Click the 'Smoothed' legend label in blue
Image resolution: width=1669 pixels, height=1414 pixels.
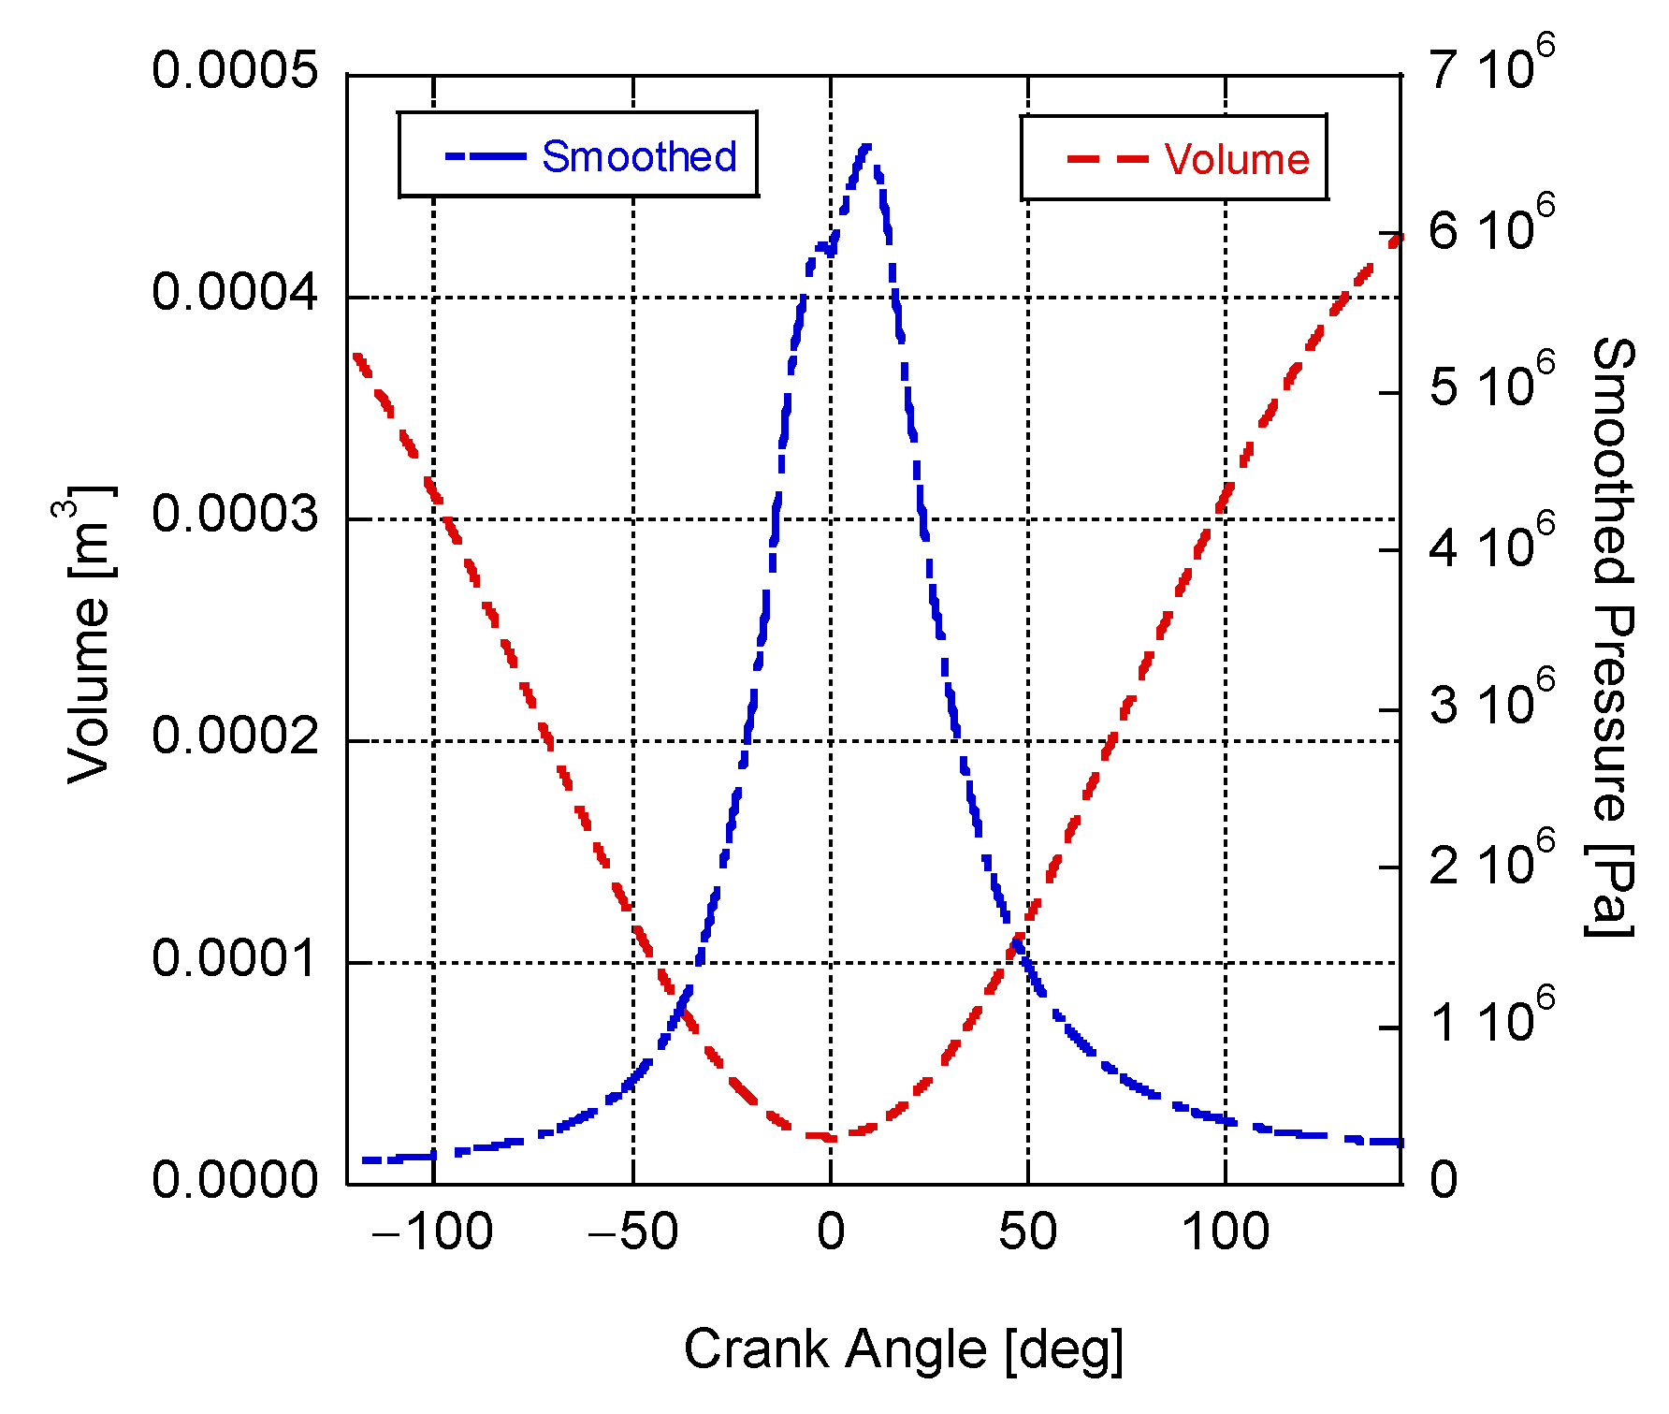[639, 156]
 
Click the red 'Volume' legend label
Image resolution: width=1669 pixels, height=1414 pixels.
[1236, 159]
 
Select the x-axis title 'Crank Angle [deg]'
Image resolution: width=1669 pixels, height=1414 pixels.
[903, 1349]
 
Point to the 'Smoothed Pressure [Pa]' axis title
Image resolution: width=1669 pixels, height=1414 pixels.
[1612, 636]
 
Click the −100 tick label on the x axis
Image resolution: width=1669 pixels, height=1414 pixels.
[432, 1232]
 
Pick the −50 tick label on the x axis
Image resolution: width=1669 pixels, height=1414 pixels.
[632, 1232]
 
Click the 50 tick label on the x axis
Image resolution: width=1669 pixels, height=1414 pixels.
[1027, 1232]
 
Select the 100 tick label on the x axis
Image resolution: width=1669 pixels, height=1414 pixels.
[1226, 1232]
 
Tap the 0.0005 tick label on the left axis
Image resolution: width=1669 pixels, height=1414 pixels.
[236, 71]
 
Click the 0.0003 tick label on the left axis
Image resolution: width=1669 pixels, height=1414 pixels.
[236, 515]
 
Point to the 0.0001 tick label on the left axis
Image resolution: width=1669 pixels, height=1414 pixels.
[236, 958]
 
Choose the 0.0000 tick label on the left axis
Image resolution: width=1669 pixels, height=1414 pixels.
[236, 1179]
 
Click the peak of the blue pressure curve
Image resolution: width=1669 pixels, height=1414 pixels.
[866, 147]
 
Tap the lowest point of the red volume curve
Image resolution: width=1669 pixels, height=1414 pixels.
[829, 1137]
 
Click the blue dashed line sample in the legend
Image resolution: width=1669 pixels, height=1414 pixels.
[486, 156]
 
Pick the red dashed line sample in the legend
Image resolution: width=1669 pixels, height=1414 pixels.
[1108, 159]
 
